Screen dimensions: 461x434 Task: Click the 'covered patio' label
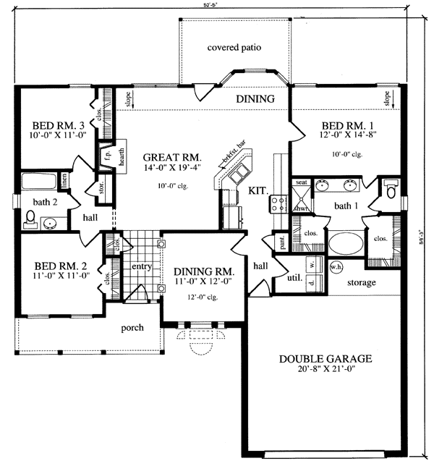point(234,48)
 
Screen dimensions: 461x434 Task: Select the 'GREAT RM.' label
point(171,157)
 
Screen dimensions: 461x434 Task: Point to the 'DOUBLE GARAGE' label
point(326,358)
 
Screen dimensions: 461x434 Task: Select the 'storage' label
point(360,282)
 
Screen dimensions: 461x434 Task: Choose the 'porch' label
point(132,327)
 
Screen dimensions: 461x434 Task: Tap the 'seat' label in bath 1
point(302,182)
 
